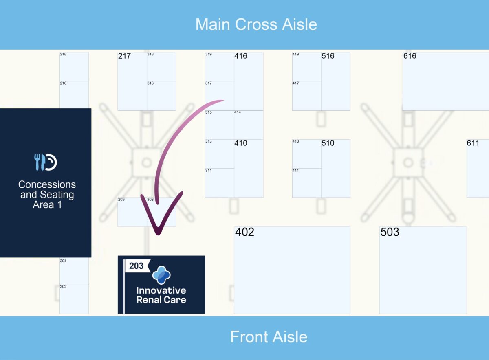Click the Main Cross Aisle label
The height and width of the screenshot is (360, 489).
click(x=256, y=24)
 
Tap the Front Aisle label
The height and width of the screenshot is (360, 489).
click(x=269, y=337)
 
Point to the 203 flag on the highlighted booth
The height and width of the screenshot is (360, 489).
click(x=137, y=266)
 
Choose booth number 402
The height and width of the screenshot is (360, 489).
click(x=245, y=232)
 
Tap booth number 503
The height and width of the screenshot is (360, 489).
click(x=390, y=232)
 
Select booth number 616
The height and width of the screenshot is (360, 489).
click(x=410, y=56)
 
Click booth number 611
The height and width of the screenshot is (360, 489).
click(x=473, y=143)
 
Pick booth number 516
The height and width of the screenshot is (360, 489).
click(x=328, y=56)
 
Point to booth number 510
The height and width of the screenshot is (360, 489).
click(x=328, y=143)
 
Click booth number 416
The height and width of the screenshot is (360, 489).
click(x=240, y=56)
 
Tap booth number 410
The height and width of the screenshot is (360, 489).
click(x=240, y=143)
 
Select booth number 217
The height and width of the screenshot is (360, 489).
click(x=124, y=56)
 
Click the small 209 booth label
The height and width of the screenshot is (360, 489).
click(x=121, y=200)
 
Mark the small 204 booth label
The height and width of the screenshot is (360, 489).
click(x=63, y=261)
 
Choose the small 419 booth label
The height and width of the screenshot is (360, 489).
click(x=295, y=54)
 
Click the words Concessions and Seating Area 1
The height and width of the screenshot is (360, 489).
click(x=47, y=195)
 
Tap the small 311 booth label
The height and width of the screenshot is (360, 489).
click(x=208, y=171)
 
